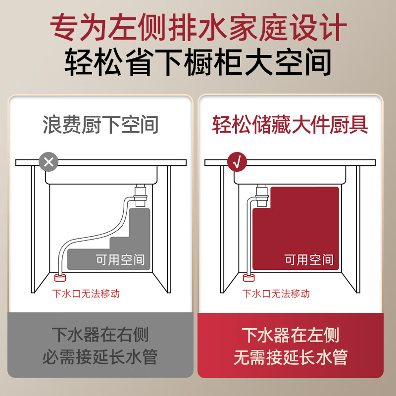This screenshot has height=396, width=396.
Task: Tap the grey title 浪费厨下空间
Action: tap(100, 125)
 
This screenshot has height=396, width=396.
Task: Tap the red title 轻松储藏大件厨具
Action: tap(291, 125)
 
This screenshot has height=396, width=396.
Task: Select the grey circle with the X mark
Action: tap(49, 161)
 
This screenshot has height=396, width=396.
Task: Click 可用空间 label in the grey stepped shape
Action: tap(120, 259)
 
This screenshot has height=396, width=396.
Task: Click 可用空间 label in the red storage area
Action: tap(308, 259)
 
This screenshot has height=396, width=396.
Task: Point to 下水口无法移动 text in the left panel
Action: tap(86, 294)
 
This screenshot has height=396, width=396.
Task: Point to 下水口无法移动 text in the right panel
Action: tap(276, 294)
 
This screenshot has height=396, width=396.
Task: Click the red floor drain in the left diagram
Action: tap(61, 277)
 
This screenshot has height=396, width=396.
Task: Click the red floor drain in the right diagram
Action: tap(249, 277)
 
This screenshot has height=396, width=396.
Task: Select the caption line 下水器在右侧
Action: tap(100, 335)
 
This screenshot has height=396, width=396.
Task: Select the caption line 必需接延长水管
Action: tap(100, 357)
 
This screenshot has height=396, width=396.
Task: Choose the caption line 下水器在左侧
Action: tap(291, 335)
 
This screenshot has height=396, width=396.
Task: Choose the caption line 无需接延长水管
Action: tap(291, 357)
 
